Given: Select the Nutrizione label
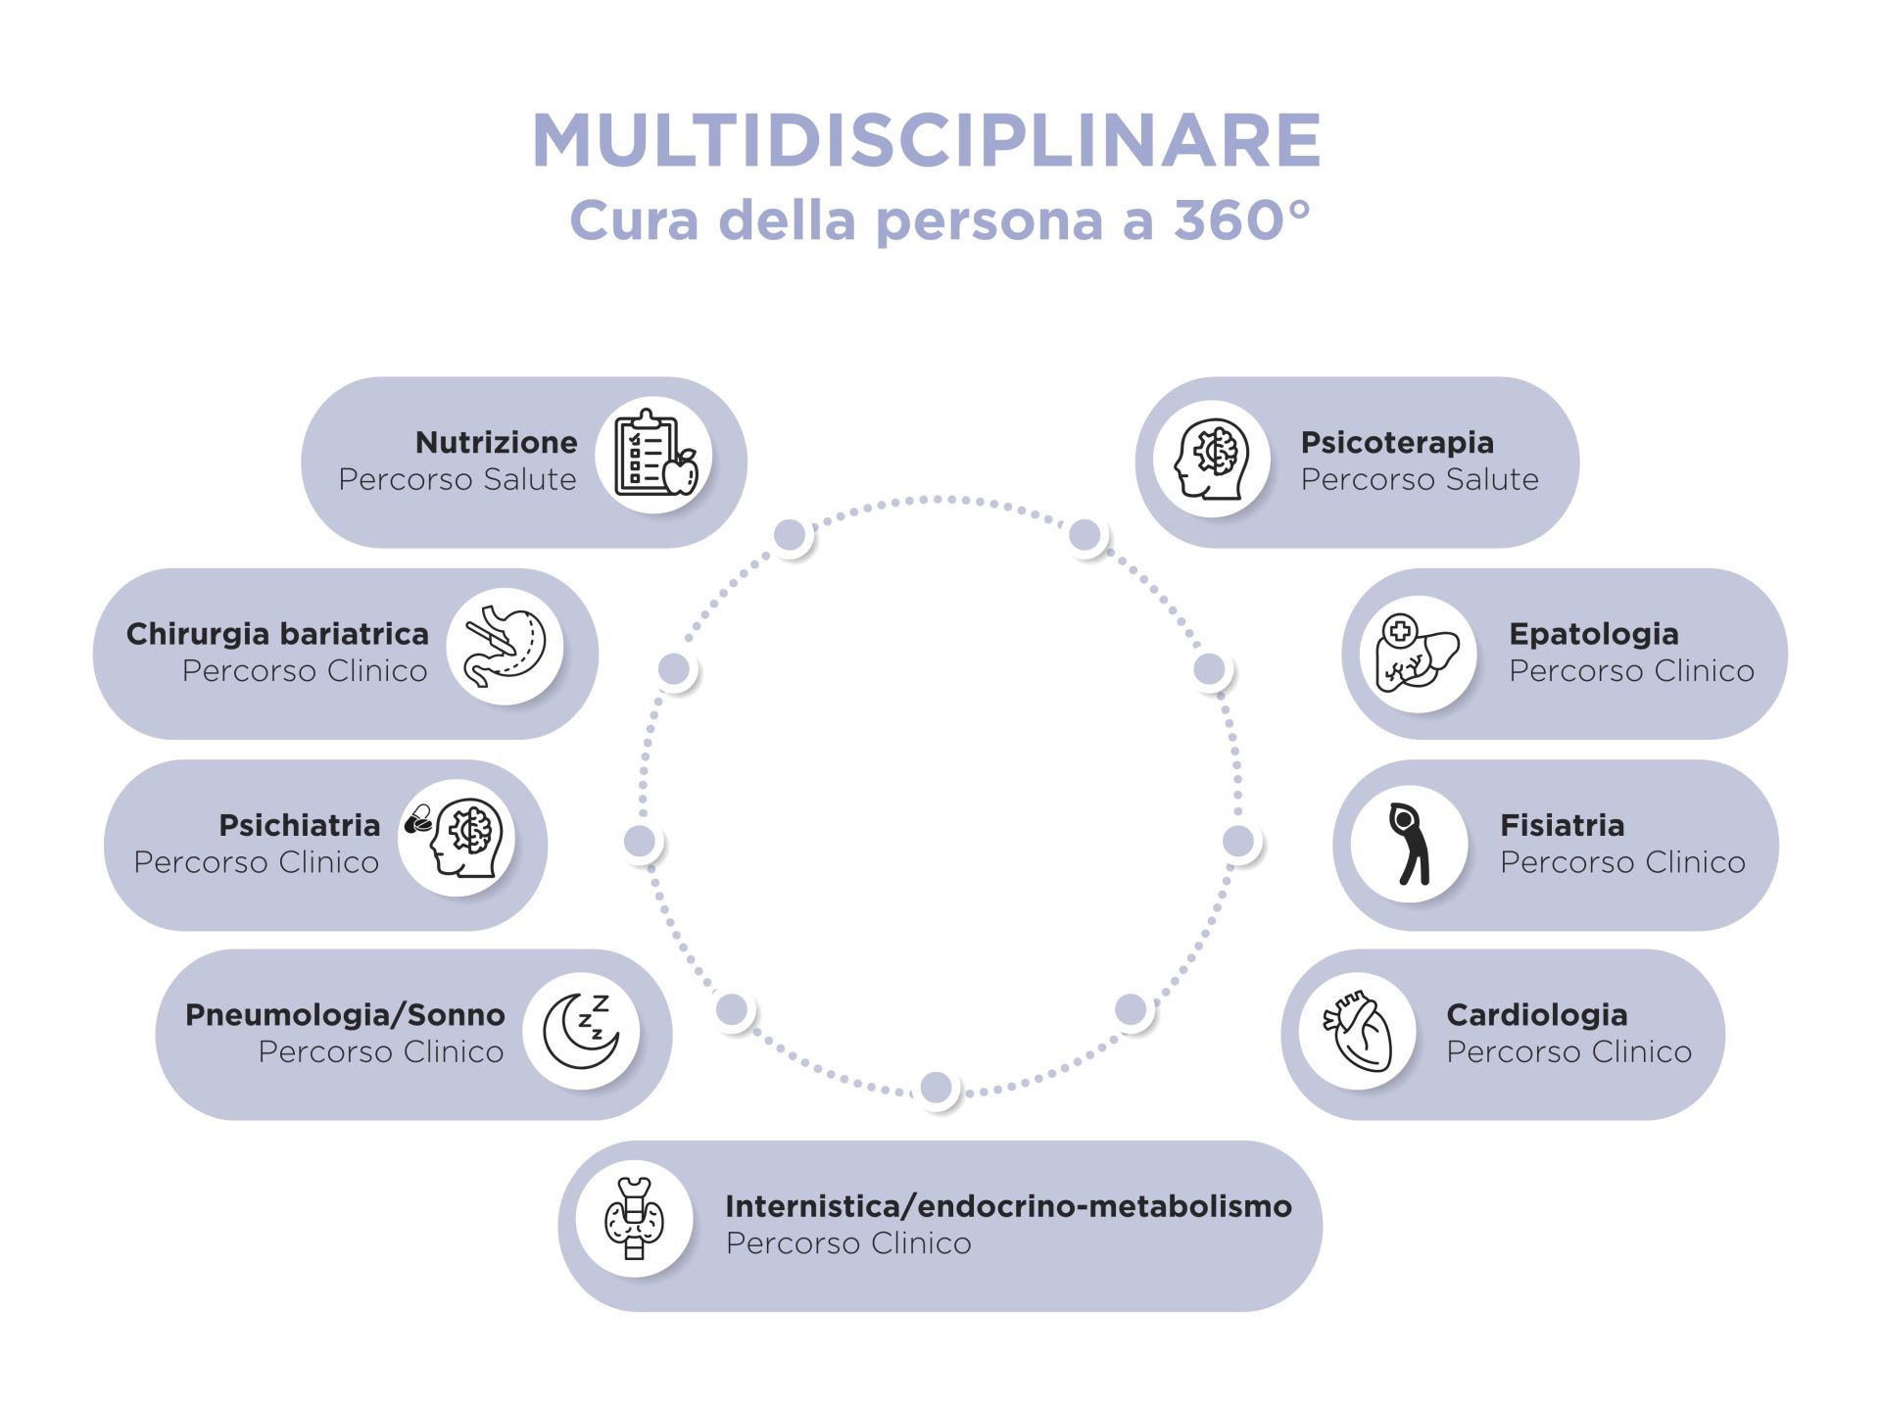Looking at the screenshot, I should pos(496,442).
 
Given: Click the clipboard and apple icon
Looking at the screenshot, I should pos(653,455).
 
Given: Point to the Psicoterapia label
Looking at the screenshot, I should pos(1396,442).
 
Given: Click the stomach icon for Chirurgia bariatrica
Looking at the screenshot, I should pos(505,646).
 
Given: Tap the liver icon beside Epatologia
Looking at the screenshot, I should pos(1417,654).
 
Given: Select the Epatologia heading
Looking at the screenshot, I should pos(1593,634).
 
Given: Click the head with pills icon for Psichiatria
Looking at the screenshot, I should pos(457,837).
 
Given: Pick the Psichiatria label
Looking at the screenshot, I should pos(299,825).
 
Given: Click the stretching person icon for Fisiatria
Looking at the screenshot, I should pos(1409,843).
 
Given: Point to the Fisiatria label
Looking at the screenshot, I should pos(1562,825).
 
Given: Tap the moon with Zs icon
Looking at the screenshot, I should pos(581,1031).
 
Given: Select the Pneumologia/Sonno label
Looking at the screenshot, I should pos(345,1014).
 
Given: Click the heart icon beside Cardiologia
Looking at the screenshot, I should pos(1358,1031).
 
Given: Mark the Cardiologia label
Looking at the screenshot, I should pos(1536,1014).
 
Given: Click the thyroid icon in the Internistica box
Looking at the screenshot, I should pos(634,1219).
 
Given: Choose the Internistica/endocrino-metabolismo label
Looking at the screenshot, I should pos(1008,1206).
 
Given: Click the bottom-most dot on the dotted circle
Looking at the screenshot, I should pos(936,1087).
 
